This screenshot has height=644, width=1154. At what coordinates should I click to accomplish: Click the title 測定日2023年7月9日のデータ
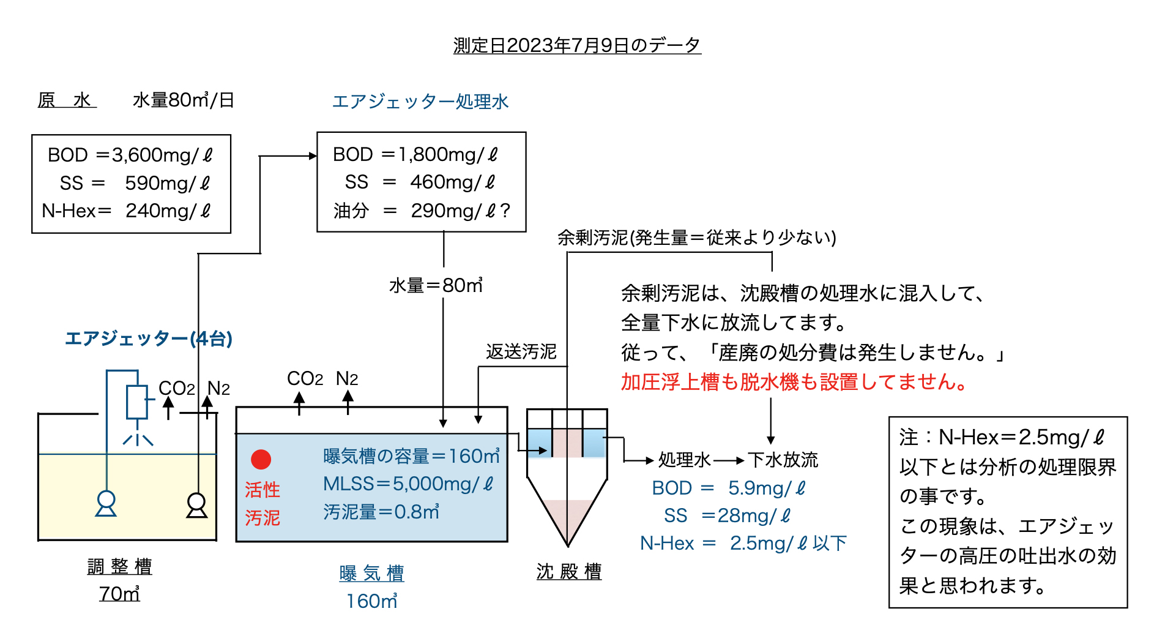[576, 45]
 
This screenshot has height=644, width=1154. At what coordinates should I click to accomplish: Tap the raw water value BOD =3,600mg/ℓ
[130, 155]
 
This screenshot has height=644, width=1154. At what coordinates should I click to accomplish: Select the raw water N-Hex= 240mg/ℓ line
[127, 211]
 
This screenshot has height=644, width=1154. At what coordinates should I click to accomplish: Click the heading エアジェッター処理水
[420, 102]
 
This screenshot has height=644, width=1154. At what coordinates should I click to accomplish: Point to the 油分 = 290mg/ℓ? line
[422, 211]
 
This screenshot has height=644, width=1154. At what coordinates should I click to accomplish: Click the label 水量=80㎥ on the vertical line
[436, 285]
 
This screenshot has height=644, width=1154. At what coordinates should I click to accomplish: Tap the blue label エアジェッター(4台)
[149, 339]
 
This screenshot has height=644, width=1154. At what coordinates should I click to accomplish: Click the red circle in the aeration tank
[261, 459]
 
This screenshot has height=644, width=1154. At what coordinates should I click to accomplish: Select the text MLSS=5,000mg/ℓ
[408, 484]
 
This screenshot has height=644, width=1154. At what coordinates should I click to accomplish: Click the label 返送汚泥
[521, 351]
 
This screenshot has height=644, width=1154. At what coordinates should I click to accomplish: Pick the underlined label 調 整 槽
[119, 566]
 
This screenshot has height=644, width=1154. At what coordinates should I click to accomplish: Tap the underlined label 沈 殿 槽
[569, 572]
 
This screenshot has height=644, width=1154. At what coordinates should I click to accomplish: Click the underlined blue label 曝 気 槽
[371, 574]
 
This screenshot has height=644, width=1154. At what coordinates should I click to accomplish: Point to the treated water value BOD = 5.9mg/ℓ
[728, 488]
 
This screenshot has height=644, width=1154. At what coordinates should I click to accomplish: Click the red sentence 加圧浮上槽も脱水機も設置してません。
[794, 382]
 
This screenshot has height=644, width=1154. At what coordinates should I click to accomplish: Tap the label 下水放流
[783, 460]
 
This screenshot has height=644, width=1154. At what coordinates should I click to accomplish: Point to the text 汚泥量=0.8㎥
[381, 512]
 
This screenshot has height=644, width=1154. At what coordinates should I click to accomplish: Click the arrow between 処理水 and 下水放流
[729, 460]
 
